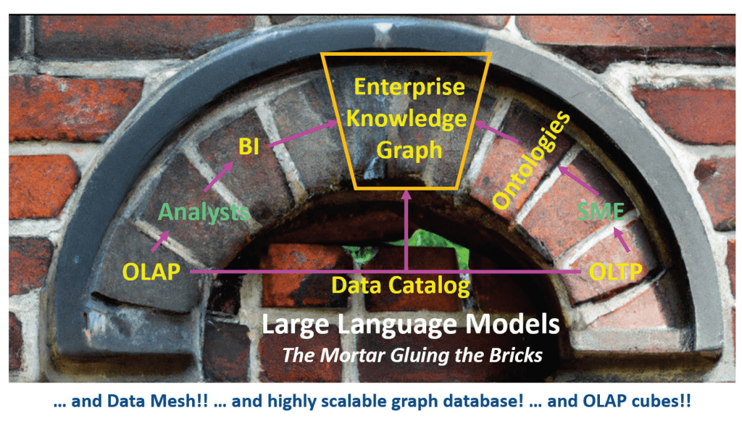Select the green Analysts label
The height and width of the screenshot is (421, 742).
(204, 212)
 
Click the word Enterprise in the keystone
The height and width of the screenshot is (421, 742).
(409, 87)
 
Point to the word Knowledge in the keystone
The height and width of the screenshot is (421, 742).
(409, 118)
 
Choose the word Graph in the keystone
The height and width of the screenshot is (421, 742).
(409, 149)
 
